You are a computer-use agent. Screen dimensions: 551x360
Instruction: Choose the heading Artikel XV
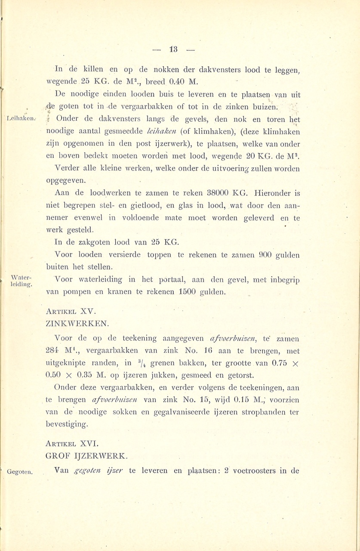[x=71, y=311]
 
